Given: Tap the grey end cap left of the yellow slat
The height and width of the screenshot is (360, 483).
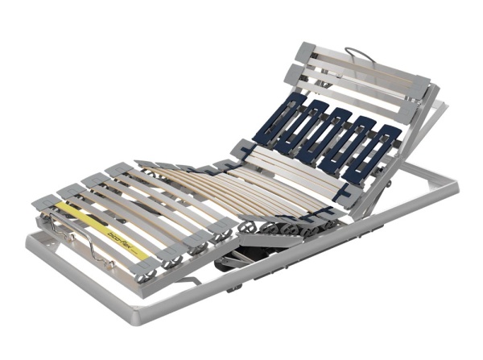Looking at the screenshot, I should (x=47, y=203).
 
